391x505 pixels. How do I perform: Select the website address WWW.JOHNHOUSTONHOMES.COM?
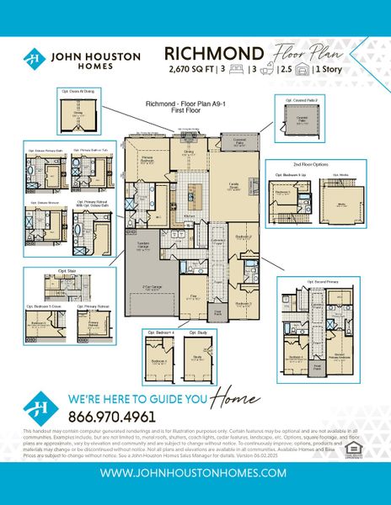coord(195,473)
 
